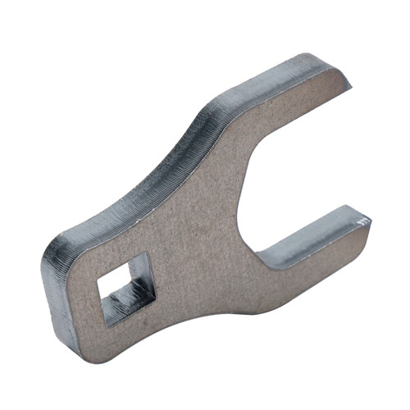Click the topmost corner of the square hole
tap(144, 253)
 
